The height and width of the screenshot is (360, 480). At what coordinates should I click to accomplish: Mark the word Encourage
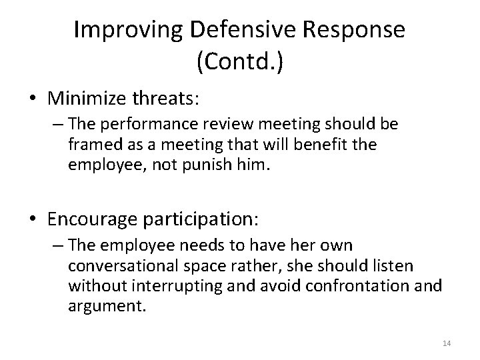click(99, 218)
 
